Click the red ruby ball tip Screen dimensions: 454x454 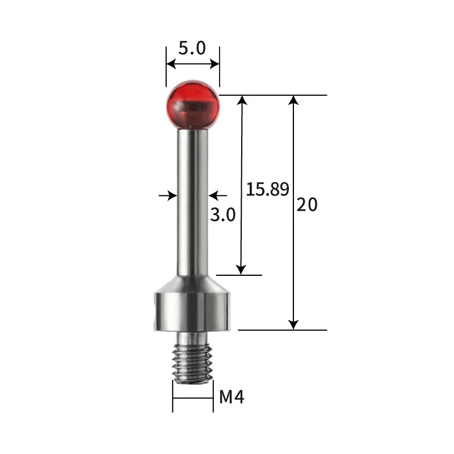(x=193, y=104)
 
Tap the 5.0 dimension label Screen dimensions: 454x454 (x=192, y=48)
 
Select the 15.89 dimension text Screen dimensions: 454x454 (x=267, y=190)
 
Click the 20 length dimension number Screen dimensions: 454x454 (x=307, y=204)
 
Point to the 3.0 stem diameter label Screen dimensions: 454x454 (x=222, y=215)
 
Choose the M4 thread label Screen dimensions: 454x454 (x=232, y=397)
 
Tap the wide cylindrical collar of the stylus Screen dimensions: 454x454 (x=192, y=312)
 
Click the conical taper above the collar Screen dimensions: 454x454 (x=192, y=284)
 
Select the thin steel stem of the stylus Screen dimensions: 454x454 (x=192, y=202)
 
